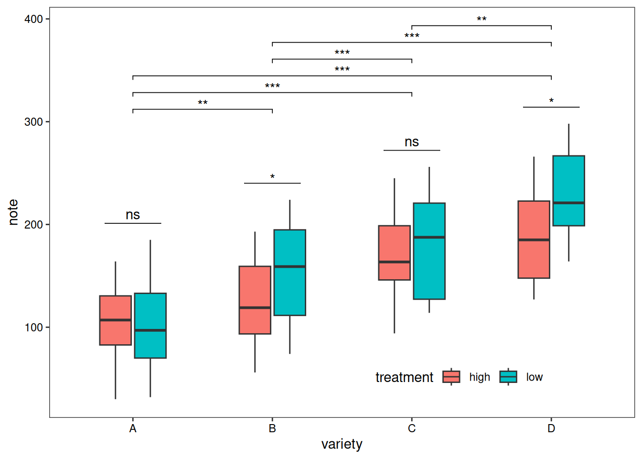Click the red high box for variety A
116,320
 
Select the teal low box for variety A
150,326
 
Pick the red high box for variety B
255,300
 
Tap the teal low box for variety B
290,273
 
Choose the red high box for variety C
395,252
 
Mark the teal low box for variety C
429,251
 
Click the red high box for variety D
534,240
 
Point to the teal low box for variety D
569,191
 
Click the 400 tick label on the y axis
33,19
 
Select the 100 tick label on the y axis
33,328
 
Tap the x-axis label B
272,428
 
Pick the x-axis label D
551,428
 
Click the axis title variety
342,444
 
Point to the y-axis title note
13,212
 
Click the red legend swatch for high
451,377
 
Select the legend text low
535,377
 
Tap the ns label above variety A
133,215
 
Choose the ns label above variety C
412,142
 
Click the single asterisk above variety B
272,177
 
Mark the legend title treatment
404,377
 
